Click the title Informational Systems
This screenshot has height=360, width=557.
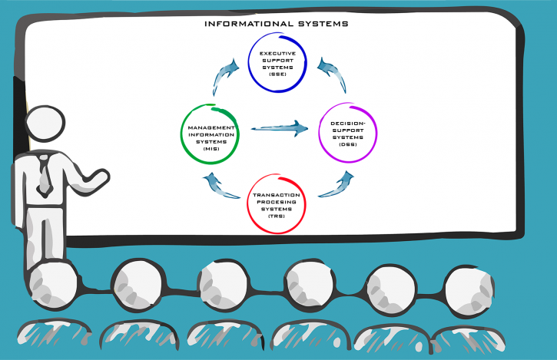tap(277, 24)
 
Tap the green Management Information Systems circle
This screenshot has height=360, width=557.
tap(181, 134)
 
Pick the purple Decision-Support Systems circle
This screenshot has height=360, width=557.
tap(320, 133)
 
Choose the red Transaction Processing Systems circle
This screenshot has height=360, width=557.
tap(248, 204)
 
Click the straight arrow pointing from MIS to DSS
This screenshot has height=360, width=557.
tap(280, 128)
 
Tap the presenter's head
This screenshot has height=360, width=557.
tap(45, 123)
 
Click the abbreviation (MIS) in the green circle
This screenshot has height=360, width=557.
tap(211, 149)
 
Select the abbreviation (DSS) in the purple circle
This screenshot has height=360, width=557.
tap(348, 144)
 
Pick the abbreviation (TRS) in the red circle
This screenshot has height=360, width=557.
tap(277, 216)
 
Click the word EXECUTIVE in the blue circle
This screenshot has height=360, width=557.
tap(278, 53)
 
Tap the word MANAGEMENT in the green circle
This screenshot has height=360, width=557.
tap(211, 127)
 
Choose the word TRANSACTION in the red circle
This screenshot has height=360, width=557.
tap(277, 195)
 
